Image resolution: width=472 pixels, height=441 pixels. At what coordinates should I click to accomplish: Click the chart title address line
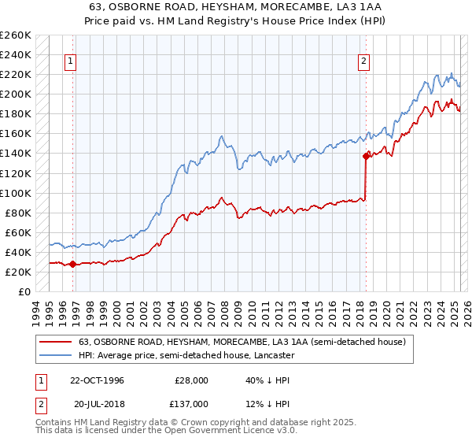point(235,6)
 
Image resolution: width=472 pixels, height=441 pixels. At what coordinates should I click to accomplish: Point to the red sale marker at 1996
point(72,264)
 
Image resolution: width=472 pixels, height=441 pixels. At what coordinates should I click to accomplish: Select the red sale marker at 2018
point(366,156)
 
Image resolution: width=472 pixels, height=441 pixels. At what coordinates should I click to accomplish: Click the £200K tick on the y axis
point(16,94)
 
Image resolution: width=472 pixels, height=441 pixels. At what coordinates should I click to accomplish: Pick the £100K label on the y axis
point(16,193)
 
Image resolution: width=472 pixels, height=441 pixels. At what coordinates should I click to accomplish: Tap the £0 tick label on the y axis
point(24,291)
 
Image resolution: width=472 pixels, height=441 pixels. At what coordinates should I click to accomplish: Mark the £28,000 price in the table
point(191,380)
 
